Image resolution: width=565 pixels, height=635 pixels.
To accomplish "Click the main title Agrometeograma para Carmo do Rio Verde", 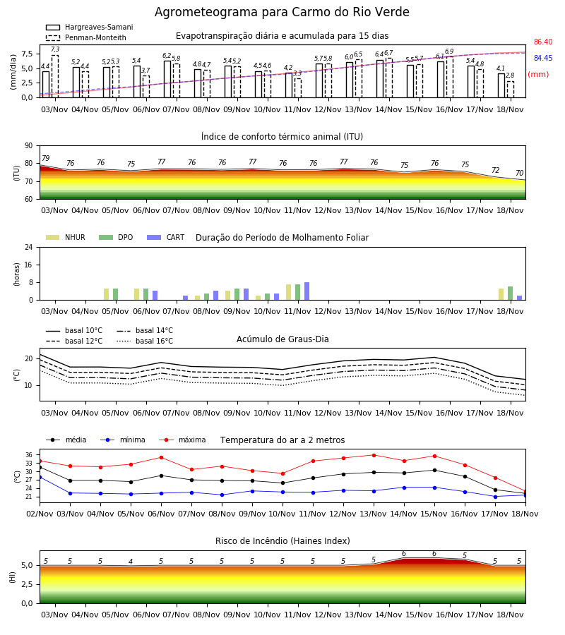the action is [x=282, y=12].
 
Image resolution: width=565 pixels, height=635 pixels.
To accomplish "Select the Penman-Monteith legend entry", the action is [x=86, y=37].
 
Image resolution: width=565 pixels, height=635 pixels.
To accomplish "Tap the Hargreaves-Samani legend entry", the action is [x=90, y=27].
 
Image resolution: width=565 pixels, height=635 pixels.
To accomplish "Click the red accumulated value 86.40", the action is [x=543, y=42].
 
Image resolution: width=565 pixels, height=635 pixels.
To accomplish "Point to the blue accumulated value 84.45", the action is [x=543, y=58].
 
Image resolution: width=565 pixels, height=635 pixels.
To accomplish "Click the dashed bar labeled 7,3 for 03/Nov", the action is [x=55, y=76].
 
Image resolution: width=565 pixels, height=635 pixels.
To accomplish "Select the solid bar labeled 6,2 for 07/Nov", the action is [x=167, y=79].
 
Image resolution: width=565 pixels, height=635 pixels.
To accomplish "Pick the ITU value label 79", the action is [x=46, y=158].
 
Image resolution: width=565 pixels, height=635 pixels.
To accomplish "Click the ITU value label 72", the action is [x=496, y=170].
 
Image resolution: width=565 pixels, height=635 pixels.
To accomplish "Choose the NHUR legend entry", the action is [x=66, y=237].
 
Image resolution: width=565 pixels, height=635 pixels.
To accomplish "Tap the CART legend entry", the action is [x=166, y=237].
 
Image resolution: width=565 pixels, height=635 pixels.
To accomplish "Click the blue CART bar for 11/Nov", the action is [x=307, y=291].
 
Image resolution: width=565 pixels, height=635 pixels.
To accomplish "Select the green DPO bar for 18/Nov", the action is [x=511, y=294].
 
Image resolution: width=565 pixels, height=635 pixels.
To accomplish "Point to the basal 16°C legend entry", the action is [x=145, y=341].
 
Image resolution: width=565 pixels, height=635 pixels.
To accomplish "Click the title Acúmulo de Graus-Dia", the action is [x=282, y=339].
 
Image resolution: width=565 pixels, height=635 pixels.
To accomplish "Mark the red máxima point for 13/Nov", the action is [x=374, y=455].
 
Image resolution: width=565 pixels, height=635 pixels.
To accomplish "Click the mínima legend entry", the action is [x=123, y=440].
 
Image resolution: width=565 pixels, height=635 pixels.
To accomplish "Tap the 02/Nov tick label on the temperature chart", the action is [x=40, y=514].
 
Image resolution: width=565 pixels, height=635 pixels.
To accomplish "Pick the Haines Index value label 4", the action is [x=131, y=562].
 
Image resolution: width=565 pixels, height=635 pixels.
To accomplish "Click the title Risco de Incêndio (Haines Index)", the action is [x=282, y=540].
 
